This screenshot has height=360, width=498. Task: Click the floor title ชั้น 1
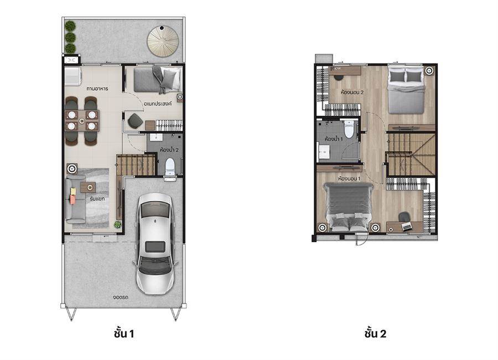pyautogui.click(x=124, y=333)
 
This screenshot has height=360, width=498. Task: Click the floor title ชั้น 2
pyautogui.click(x=375, y=333)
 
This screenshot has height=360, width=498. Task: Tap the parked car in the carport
pyautogui.click(x=155, y=244)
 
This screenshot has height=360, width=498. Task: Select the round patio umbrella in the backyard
pyautogui.click(x=163, y=41)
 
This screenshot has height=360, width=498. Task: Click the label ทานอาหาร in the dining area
pyautogui.click(x=97, y=89)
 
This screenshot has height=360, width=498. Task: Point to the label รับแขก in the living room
pyautogui.click(x=97, y=199)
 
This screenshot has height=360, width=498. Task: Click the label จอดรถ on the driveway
pyautogui.click(x=121, y=297)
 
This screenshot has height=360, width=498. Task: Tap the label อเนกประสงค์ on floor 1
pyautogui.click(x=158, y=104)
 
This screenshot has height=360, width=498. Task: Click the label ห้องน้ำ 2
pyautogui.click(x=169, y=150)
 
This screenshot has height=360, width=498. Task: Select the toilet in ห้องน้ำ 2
pyautogui.click(x=170, y=167)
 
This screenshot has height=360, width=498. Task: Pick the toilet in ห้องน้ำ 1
pyautogui.click(x=349, y=129)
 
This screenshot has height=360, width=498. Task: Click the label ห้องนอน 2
pyautogui.click(x=352, y=92)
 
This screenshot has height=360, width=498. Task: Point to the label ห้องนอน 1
pyautogui.click(x=349, y=178)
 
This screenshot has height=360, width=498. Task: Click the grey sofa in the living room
pyautogui.click(x=75, y=200)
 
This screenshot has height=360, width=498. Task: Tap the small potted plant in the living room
pyautogui.click(x=118, y=224)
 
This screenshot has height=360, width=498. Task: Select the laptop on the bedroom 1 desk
pyautogui.click(x=407, y=227)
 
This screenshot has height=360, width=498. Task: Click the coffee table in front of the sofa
pyautogui.click(x=88, y=187)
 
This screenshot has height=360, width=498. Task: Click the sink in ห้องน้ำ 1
pyautogui.click(x=324, y=152)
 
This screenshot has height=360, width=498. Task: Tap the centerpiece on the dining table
pyautogui.click(x=82, y=121)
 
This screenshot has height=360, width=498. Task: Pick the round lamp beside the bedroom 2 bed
pyautogui.click(x=429, y=70)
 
